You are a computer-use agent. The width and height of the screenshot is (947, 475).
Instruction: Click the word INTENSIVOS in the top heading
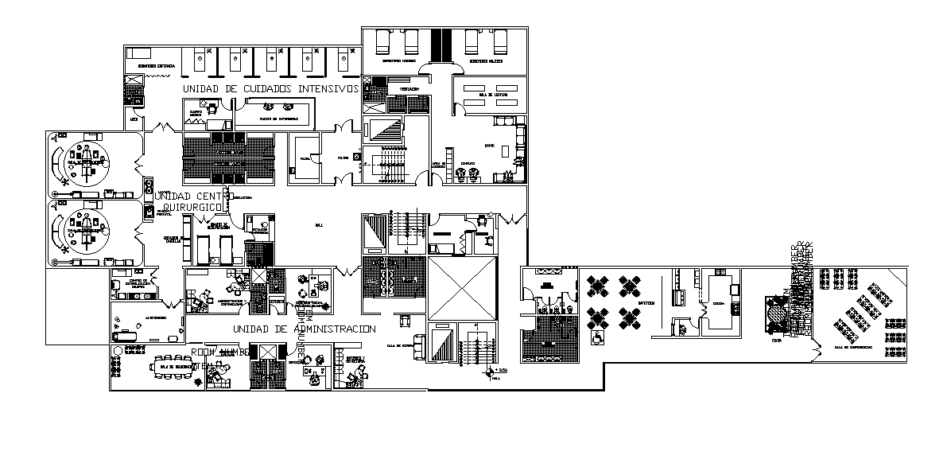327,88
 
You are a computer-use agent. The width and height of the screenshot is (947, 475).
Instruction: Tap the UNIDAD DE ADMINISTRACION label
305,329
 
